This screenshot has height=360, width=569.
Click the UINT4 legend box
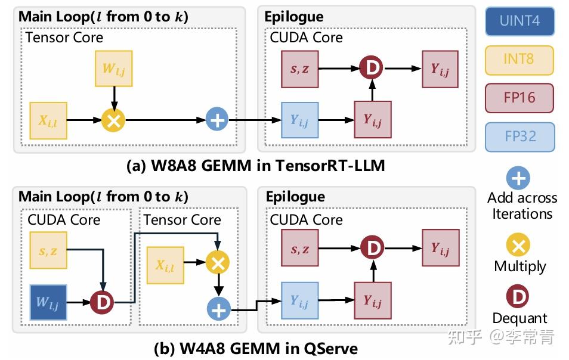(x=519, y=21)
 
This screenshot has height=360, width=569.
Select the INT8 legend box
(x=519, y=60)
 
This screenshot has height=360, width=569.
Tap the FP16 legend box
(x=519, y=98)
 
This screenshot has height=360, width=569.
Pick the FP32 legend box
(x=519, y=136)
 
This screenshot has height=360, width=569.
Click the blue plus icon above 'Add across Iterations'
(x=519, y=178)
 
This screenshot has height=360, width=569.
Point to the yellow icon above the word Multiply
(x=519, y=244)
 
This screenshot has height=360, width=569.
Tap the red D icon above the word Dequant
(x=519, y=296)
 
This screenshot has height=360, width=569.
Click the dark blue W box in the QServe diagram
(x=48, y=302)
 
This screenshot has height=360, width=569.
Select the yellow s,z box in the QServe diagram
(x=48, y=251)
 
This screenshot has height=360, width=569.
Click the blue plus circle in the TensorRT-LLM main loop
(x=217, y=120)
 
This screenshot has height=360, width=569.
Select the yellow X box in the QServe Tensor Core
(x=165, y=266)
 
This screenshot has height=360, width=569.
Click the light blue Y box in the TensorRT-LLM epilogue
(x=299, y=120)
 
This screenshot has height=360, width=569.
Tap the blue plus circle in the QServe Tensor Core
(x=218, y=309)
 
